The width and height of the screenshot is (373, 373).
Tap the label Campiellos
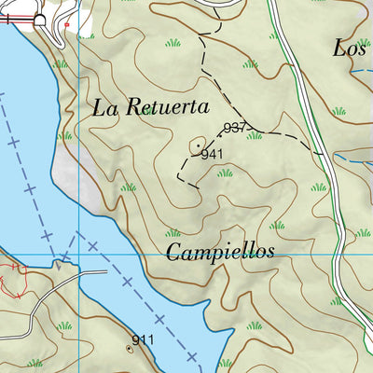[x=221, y=252]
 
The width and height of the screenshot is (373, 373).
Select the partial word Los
[x=351, y=48]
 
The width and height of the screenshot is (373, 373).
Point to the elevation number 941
[x=213, y=154]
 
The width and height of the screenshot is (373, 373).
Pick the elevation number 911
[x=143, y=341]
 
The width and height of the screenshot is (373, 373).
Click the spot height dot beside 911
[x=129, y=348]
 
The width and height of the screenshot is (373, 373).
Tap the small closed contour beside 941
[x=199, y=145]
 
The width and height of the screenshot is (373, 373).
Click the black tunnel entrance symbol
[x=39, y=20]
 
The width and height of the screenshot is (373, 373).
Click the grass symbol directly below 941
[x=225, y=173]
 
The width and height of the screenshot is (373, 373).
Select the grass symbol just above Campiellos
[x=173, y=233]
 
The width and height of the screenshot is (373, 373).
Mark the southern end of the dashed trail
[x=199, y=187]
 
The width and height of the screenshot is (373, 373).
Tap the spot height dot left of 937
[x=221, y=131]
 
